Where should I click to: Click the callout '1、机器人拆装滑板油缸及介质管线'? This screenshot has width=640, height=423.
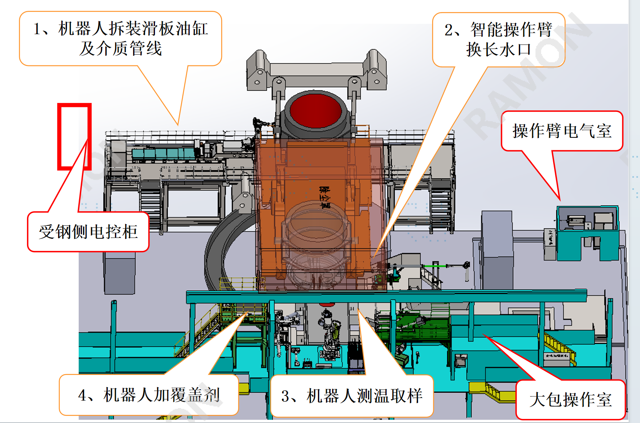click(x=120, y=39)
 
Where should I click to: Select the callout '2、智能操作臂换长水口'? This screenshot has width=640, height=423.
click(x=498, y=40)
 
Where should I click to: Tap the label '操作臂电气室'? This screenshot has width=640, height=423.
click(x=562, y=131)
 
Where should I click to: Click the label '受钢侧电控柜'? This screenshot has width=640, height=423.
click(x=88, y=232)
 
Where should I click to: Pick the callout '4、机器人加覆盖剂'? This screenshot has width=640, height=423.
click(x=149, y=395)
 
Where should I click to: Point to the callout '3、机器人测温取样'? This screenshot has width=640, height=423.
click(x=351, y=396)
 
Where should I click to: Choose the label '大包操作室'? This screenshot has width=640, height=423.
click(x=570, y=400)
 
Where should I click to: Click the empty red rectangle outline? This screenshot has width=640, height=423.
click(x=74, y=137)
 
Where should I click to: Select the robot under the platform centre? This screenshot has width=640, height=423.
click(x=329, y=335)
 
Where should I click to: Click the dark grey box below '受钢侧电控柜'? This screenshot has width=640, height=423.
click(x=119, y=273)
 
